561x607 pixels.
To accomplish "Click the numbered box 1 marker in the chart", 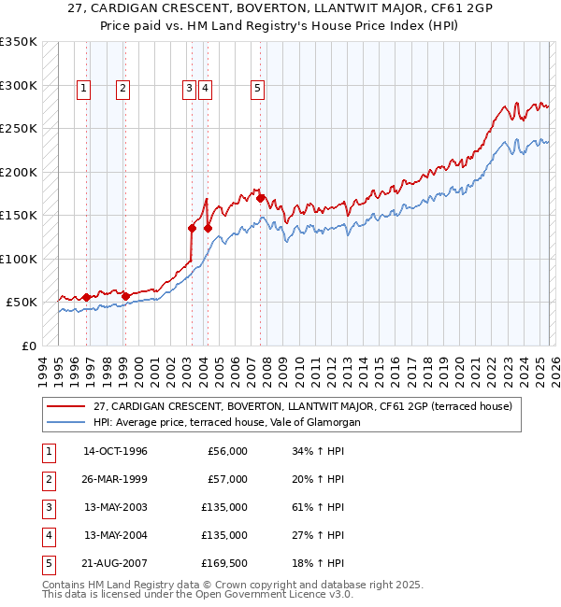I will (x=84, y=89).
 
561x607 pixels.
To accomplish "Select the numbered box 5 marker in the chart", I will (x=257, y=89).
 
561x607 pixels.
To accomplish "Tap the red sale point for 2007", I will (x=261, y=198).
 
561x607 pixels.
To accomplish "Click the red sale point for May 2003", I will (x=192, y=228).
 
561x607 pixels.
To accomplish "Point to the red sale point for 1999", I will (x=125, y=296).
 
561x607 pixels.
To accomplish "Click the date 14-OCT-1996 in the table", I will (x=115, y=451).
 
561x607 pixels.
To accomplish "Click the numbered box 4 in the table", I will (x=46, y=535).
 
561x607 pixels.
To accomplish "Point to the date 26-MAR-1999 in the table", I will (x=115, y=479).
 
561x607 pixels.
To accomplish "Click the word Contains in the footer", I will (x=65, y=585).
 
